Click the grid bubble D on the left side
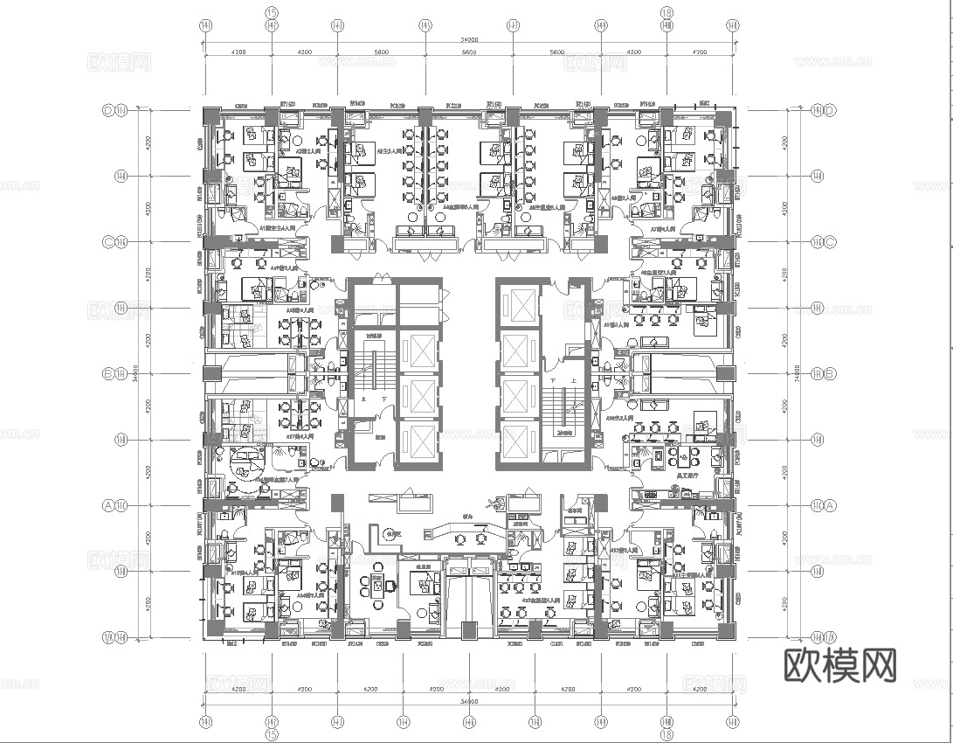[109, 110]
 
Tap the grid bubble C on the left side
[109, 242]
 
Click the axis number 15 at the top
[272, 12]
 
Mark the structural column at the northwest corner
[211, 116]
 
